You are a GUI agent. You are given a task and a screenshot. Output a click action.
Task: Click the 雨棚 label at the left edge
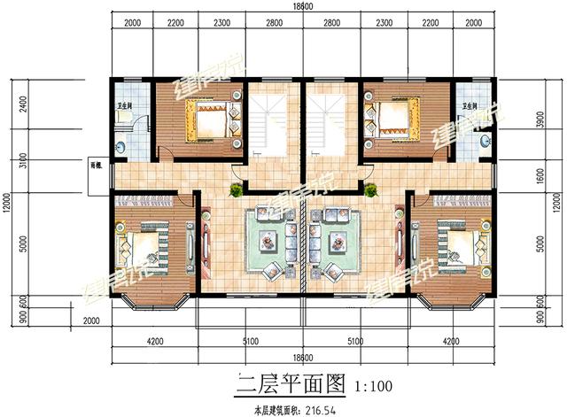pos(95,165)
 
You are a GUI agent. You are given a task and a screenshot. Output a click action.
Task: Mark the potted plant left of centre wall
pos(235,189)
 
